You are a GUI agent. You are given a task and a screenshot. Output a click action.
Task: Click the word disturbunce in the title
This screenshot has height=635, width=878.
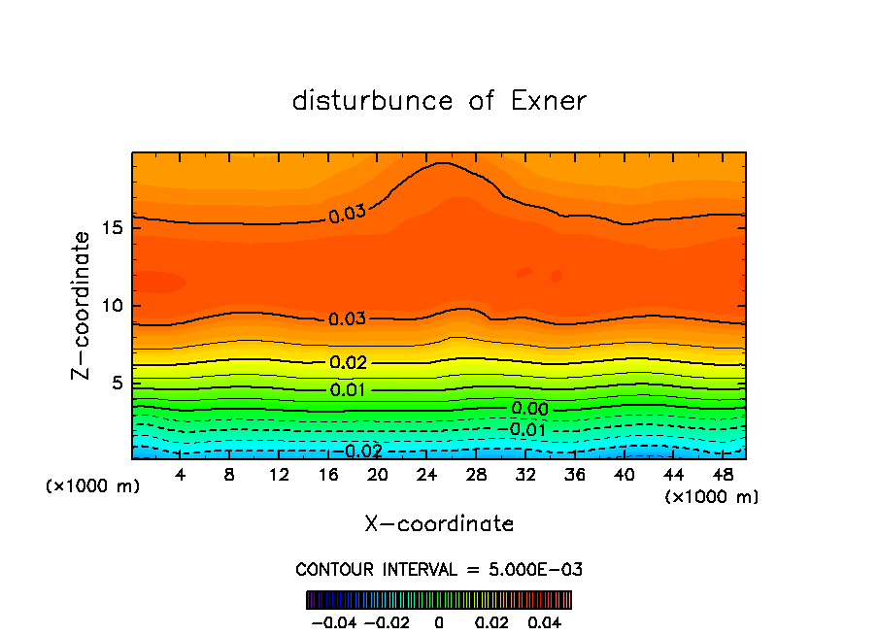pyautogui.click(x=373, y=101)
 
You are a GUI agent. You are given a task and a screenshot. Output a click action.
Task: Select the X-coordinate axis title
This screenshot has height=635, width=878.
pyautogui.click(x=439, y=524)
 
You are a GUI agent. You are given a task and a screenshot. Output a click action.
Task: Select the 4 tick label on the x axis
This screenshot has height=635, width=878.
pyautogui.click(x=181, y=475)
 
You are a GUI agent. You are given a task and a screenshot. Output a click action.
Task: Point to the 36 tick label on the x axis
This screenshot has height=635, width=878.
pyautogui.click(x=574, y=475)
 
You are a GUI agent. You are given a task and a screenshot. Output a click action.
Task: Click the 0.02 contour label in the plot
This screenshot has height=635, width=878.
pyautogui.click(x=348, y=363)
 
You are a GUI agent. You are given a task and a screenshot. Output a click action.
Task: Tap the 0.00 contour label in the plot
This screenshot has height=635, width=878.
pyautogui.click(x=529, y=410)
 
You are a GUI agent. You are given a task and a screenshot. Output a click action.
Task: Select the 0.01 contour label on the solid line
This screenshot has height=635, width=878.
pyautogui.click(x=348, y=390)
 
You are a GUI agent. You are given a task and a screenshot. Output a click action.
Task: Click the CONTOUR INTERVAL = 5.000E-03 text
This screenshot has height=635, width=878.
pyautogui.click(x=439, y=570)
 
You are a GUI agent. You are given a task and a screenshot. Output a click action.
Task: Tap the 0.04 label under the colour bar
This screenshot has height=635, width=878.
pyautogui.click(x=544, y=621)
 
